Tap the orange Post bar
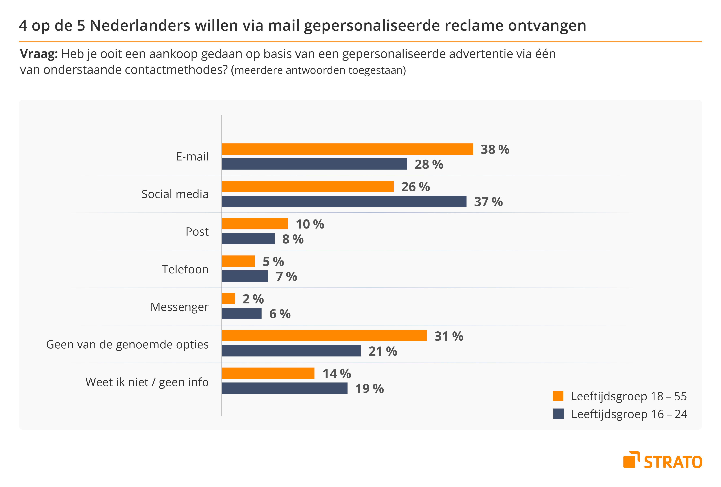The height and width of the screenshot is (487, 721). (x=255, y=224)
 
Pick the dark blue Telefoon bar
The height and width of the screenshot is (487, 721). (x=245, y=276)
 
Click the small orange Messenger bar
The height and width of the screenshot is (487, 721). (x=228, y=299)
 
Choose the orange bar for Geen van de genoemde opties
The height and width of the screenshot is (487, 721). (x=324, y=336)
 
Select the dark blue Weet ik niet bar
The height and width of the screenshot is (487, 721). (x=284, y=388)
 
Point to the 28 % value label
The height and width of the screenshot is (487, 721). (x=429, y=165)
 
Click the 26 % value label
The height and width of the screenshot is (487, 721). (x=415, y=187)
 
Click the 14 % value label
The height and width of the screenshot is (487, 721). (x=337, y=374)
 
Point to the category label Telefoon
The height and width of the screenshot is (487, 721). (x=185, y=269)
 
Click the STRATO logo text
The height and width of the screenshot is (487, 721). (x=673, y=462)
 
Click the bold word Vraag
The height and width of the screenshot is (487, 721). (x=39, y=54)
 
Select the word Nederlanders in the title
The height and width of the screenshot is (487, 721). (x=140, y=25)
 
